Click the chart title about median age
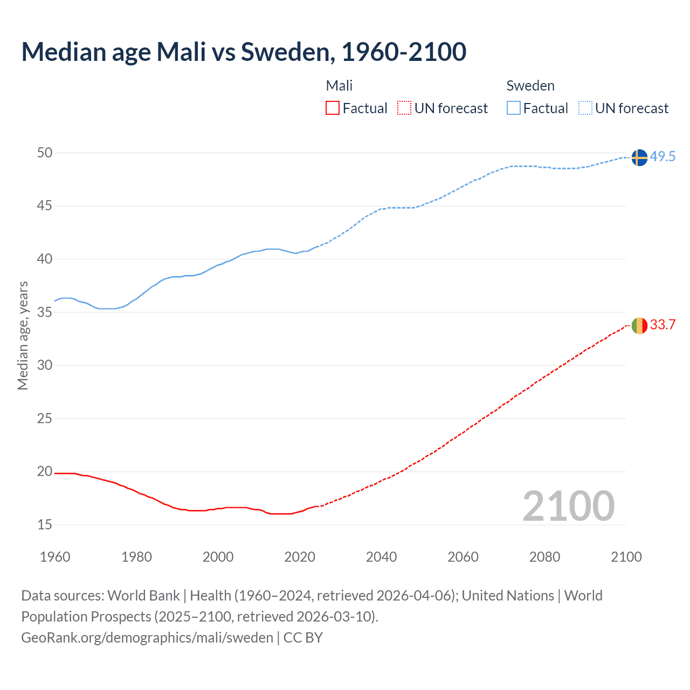(x=244, y=52)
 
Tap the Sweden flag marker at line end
(x=639, y=157)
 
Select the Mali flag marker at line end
(x=639, y=326)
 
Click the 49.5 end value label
(x=663, y=157)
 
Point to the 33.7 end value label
(x=663, y=325)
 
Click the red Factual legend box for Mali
(x=333, y=108)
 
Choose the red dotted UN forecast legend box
(x=404, y=108)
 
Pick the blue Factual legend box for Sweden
(x=514, y=108)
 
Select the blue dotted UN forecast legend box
(x=585, y=108)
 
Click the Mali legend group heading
(x=339, y=86)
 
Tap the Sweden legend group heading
(x=530, y=86)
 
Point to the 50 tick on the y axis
(x=45, y=153)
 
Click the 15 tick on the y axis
(x=45, y=525)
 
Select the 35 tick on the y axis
(x=45, y=312)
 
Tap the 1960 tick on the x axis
(x=55, y=557)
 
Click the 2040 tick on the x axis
(x=381, y=557)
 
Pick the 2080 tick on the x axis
(x=544, y=557)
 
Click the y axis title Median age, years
(x=23, y=335)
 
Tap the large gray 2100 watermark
(x=568, y=506)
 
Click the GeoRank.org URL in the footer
(x=147, y=638)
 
